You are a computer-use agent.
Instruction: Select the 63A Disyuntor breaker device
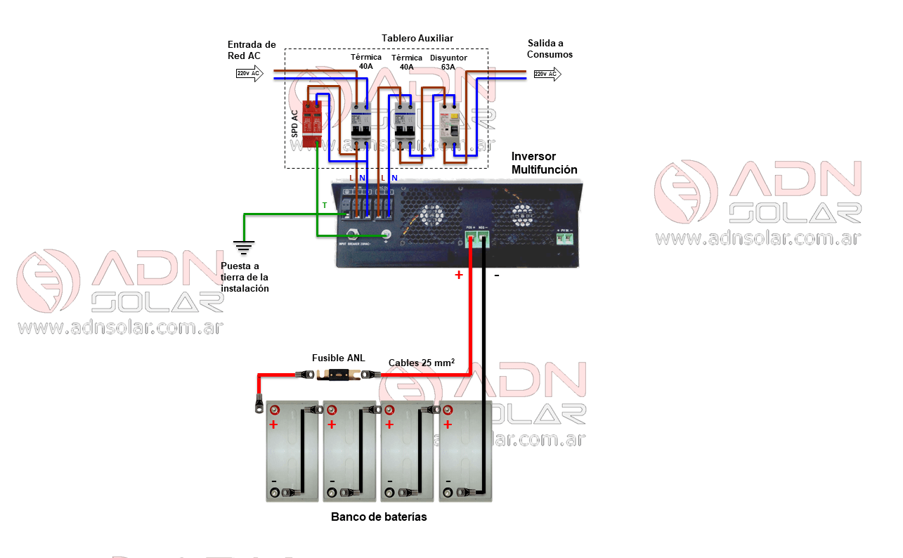(449, 124)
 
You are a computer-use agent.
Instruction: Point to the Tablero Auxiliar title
(417, 38)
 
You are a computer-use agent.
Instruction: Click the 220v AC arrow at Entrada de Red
(250, 73)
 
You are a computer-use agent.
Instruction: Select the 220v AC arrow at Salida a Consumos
(547, 74)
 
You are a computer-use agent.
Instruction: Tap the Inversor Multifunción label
(544, 163)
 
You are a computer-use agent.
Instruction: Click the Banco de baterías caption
(379, 517)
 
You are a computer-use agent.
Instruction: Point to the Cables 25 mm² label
(421, 363)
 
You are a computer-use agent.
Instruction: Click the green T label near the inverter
(325, 205)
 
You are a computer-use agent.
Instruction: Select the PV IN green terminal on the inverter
(564, 238)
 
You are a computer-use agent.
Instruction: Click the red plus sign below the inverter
(459, 275)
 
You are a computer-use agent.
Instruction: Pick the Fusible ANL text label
(338, 358)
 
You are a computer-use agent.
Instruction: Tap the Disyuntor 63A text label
(448, 62)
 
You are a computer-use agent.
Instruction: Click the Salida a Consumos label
(550, 48)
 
